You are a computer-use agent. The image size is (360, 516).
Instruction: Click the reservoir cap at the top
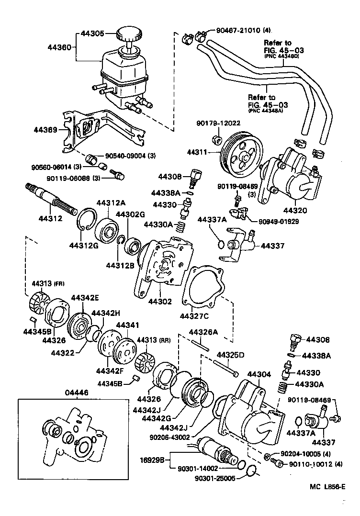[128, 35]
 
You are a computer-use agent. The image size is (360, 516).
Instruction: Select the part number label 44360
[59, 47]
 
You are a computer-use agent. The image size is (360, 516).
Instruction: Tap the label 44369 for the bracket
[45, 130]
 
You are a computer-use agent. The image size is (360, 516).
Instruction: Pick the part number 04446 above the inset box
[77, 392]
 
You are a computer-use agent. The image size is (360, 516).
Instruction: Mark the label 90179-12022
[218, 123]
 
